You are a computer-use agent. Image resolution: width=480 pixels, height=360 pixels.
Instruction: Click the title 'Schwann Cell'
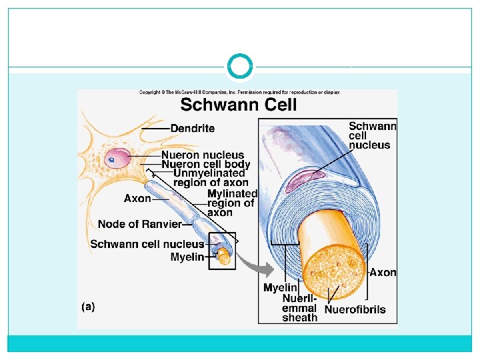[239, 105]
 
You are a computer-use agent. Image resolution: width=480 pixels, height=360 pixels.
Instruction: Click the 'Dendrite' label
[193, 128]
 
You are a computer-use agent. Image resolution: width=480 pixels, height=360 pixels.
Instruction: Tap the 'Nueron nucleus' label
[203, 155]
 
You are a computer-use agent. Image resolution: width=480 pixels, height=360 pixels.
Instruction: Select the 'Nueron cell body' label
[205, 164]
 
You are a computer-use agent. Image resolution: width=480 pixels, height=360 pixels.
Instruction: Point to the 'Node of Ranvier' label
[139, 223]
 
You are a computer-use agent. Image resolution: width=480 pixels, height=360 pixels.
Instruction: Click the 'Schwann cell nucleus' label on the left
[147, 244]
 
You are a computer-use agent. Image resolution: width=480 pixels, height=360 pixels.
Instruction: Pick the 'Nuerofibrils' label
[355, 309]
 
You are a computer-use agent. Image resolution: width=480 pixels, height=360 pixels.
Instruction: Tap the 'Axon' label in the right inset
[383, 272]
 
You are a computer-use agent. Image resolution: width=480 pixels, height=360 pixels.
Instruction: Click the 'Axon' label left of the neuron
[137, 198]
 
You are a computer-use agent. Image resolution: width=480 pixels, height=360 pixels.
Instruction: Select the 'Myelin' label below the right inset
[280, 288]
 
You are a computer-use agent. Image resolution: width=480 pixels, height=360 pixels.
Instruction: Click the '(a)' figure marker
[88, 307]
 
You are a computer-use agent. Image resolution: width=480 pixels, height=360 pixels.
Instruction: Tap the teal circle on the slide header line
[240, 67]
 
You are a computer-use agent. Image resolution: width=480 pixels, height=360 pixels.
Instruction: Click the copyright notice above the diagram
[239, 92]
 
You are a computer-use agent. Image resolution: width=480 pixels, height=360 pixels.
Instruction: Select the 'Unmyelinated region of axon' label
[210, 178]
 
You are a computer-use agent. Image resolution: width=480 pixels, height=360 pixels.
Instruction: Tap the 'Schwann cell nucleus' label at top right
[372, 135]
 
